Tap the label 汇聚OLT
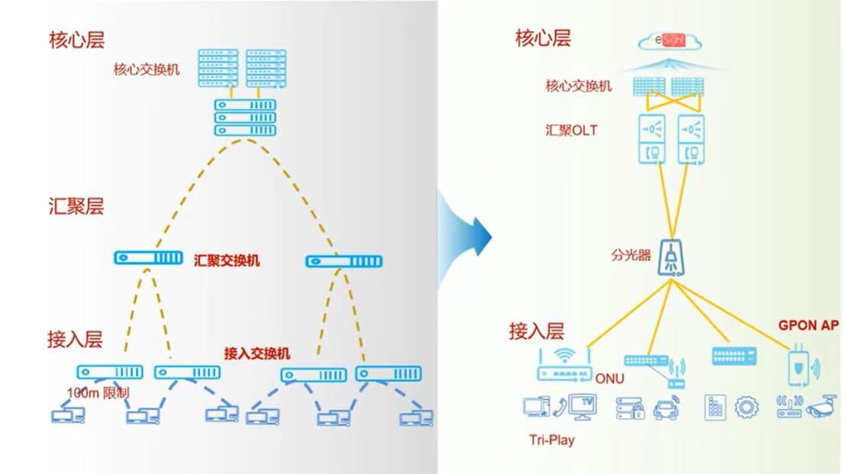[x=572, y=131]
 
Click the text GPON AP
[x=808, y=325]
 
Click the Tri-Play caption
[x=551, y=440]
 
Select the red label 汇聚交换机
[x=227, y=261]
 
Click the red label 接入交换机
[x=256, y=353]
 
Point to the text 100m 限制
[x=98, y=392]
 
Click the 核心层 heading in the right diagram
[x=543, y=38]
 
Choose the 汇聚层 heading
[x=76, y=206]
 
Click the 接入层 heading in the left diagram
[x=75, y=338]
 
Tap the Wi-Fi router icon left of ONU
[x=566, y=366]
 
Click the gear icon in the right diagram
[x=746, y=406]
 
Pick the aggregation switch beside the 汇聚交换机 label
[x=148, y=258]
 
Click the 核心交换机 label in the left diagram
[x=147, y=69]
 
